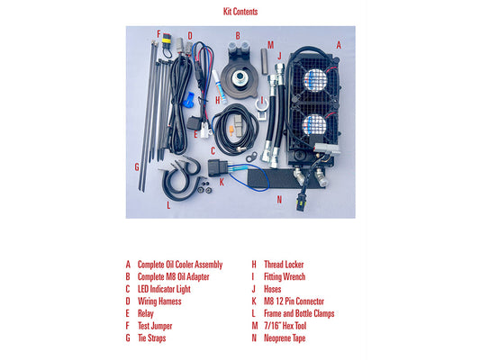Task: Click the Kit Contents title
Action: pyautogui.click(x=240, y=12)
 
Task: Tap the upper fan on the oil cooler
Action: pyautogui.click(x=314, y=80)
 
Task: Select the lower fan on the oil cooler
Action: pyautogui.click(x=314, y=124)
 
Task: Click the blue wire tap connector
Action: pyautogui.click(x=188, y=100)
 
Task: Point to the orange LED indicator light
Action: pyautogui.click(x=231, y=130)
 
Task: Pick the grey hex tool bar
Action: pyautogui.click(x=265, y=61)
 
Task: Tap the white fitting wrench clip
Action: pyautogui.click(x=262, y=110)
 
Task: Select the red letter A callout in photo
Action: pyautogui.click(x=339, y=45)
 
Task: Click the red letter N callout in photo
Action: pyautogui.click(x=279, y=200)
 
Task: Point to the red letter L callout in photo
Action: pyautogui.click(x=168, y=205)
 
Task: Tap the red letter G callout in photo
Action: pyautogui.click(x=137, y=167)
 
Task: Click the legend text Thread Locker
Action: pyautogui.click(x=284, y=265)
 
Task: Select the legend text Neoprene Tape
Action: pyautogui.click(x=285, y=338)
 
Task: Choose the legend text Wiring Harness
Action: pyautogui.click(x=159, y=301)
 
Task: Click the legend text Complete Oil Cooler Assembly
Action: pyautogui.click(x=180, y=265)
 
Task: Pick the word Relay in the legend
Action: pyautogui.click(x=146, y=314)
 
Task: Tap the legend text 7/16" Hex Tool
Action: pyautogui.click(x=285, y=326)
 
